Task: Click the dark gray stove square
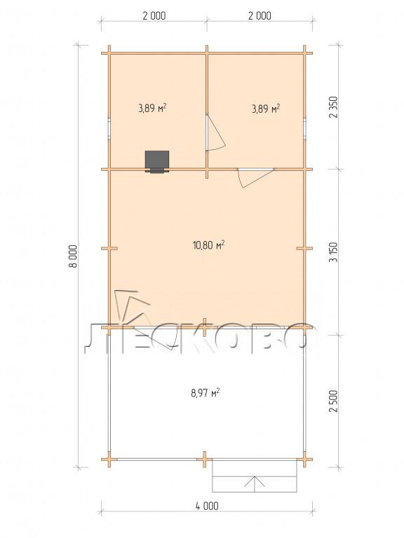pos(157,160)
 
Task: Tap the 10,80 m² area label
pos(209,245)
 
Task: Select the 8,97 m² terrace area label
pos(206,392)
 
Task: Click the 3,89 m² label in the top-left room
pos(152,109)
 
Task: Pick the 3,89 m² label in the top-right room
pos(266,109)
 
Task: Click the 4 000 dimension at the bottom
pos(208,506)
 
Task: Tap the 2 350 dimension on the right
pos(334,107)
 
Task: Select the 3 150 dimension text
pos(334,252)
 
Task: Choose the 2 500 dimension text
pos(334,401)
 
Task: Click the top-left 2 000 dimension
pos(154,16)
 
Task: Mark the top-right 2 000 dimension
pos(260,16)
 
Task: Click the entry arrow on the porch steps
pos(255,484)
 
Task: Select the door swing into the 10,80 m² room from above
pos(255,178)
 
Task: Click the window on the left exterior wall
pos(109,128)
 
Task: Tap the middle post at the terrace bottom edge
pos(204,460)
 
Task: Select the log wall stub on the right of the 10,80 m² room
pos(304,248)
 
